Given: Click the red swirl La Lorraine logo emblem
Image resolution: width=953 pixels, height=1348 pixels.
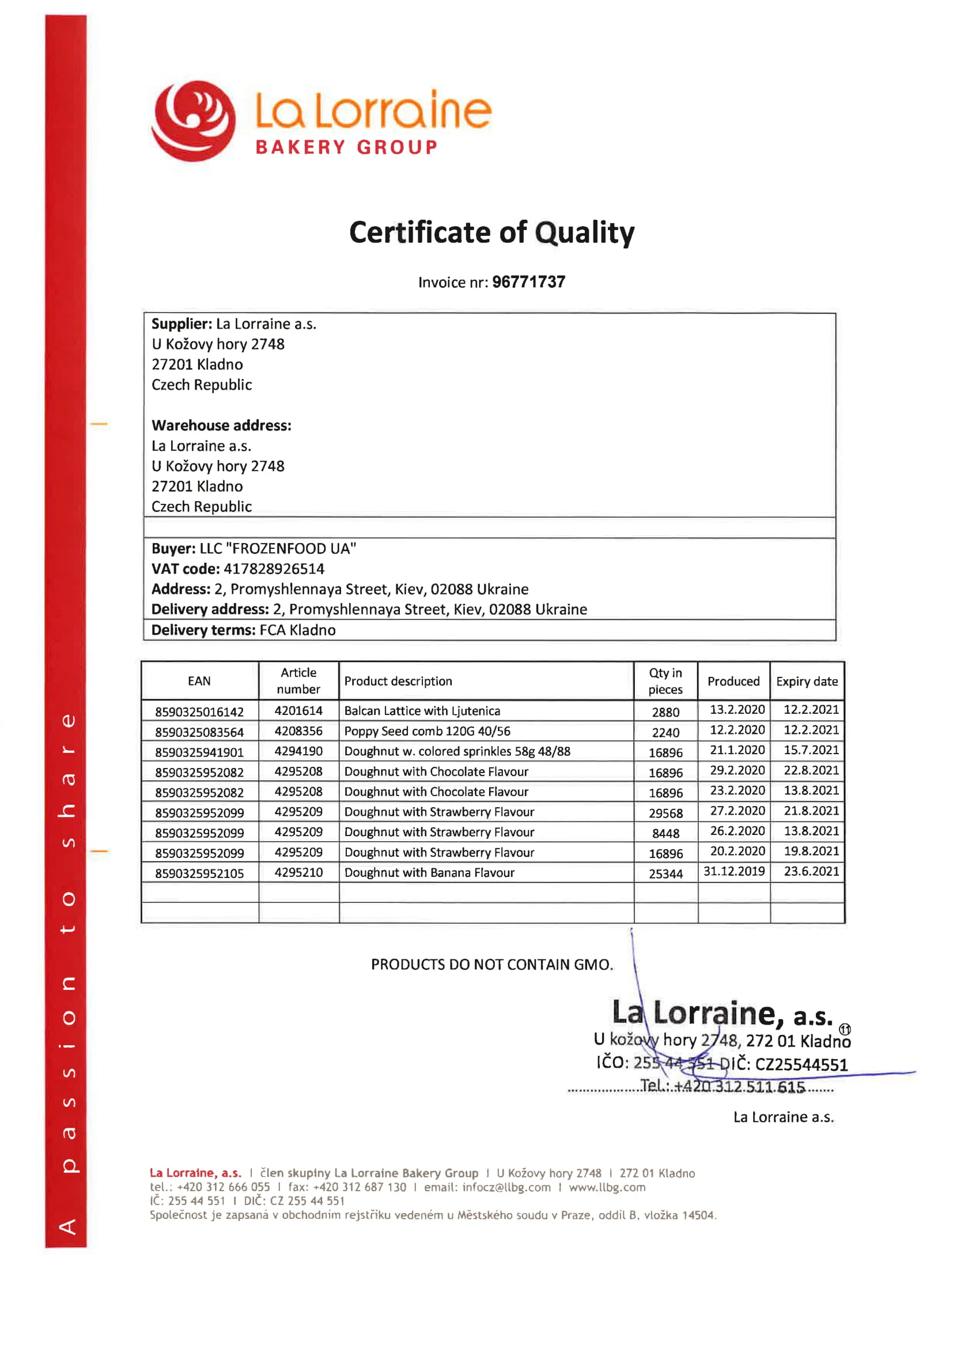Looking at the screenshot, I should pos(193,121).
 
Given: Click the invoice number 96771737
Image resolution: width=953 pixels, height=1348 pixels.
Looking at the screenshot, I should pos(528,283).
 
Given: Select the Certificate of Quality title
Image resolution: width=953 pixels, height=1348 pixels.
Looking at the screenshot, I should pos(491,232).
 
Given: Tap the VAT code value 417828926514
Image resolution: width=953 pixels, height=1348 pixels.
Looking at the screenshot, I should pos(274,569).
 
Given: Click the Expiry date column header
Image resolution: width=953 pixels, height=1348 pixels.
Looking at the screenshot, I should pos(807,681).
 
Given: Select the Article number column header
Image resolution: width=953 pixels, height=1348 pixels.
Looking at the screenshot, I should pos(298,680).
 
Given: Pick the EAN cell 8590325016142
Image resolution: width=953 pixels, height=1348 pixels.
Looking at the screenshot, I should pos(199,712).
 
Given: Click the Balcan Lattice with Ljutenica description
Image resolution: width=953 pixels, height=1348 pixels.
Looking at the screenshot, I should pos(422,711).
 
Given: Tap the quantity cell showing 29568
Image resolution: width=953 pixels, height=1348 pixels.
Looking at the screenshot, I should pos(665,813).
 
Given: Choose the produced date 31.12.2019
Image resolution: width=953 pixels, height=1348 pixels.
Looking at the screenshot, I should pos(734,871).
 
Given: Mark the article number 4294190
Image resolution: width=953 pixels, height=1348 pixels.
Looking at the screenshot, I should pos(298,751).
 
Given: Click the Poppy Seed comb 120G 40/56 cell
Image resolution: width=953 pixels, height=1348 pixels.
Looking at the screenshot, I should pos(427,731).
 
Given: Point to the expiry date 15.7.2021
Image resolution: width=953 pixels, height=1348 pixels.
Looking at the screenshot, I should pos(811,750).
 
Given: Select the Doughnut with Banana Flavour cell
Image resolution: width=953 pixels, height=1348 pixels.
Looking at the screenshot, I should pos(429,873).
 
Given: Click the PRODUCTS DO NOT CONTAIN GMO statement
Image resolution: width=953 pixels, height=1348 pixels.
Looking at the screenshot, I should pos(491,965).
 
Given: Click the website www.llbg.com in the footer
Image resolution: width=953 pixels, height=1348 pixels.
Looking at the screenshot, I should pos(607,1188).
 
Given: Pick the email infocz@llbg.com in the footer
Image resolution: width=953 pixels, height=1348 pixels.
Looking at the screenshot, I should pos(506,1188).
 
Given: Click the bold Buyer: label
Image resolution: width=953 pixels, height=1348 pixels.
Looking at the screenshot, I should pos(173,549).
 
